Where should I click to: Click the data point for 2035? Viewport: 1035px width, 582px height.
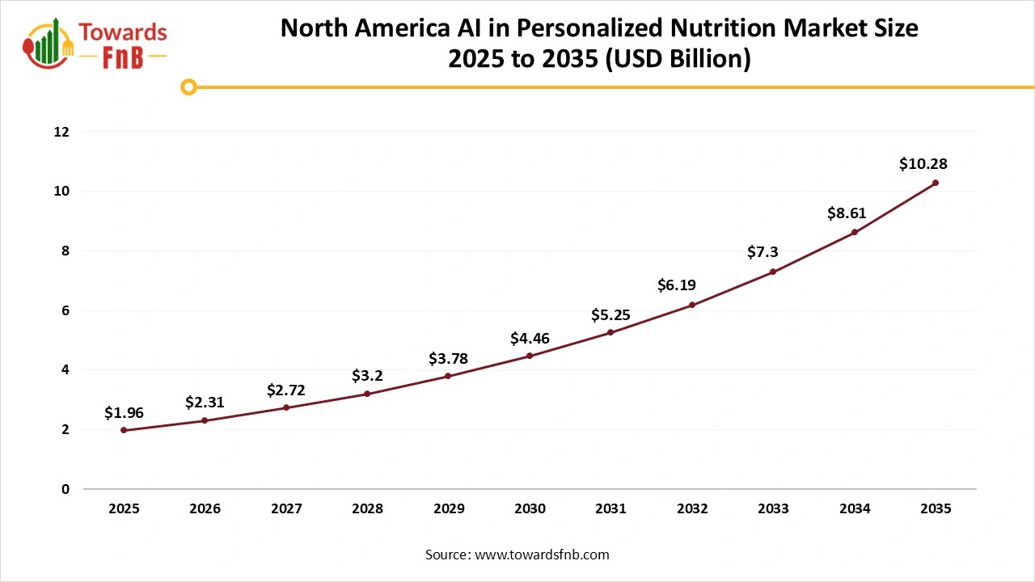pos(936,183)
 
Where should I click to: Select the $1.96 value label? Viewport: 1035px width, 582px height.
pos(124,413)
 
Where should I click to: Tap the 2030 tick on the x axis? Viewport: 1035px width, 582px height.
pos(530,509)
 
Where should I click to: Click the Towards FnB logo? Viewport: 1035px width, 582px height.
pos(95,44)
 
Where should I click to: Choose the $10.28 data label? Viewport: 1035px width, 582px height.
pos(923,164)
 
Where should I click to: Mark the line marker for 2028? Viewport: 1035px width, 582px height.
pos(367,394)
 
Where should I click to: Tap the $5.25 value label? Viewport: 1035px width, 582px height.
pos(610,314)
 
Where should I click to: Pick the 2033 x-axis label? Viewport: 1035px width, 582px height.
pos(773,509)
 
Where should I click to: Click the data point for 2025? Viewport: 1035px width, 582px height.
pos(124,430)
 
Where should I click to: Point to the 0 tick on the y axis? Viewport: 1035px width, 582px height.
pos(65,489)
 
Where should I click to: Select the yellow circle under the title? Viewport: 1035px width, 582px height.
pos(188,86)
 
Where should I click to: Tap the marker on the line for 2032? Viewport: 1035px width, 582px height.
pos(692,305)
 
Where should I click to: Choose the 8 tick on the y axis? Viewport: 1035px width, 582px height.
pos(65,251)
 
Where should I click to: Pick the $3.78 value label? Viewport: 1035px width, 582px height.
pos(448,358)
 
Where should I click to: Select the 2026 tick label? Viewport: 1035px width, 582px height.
pos(205,509)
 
